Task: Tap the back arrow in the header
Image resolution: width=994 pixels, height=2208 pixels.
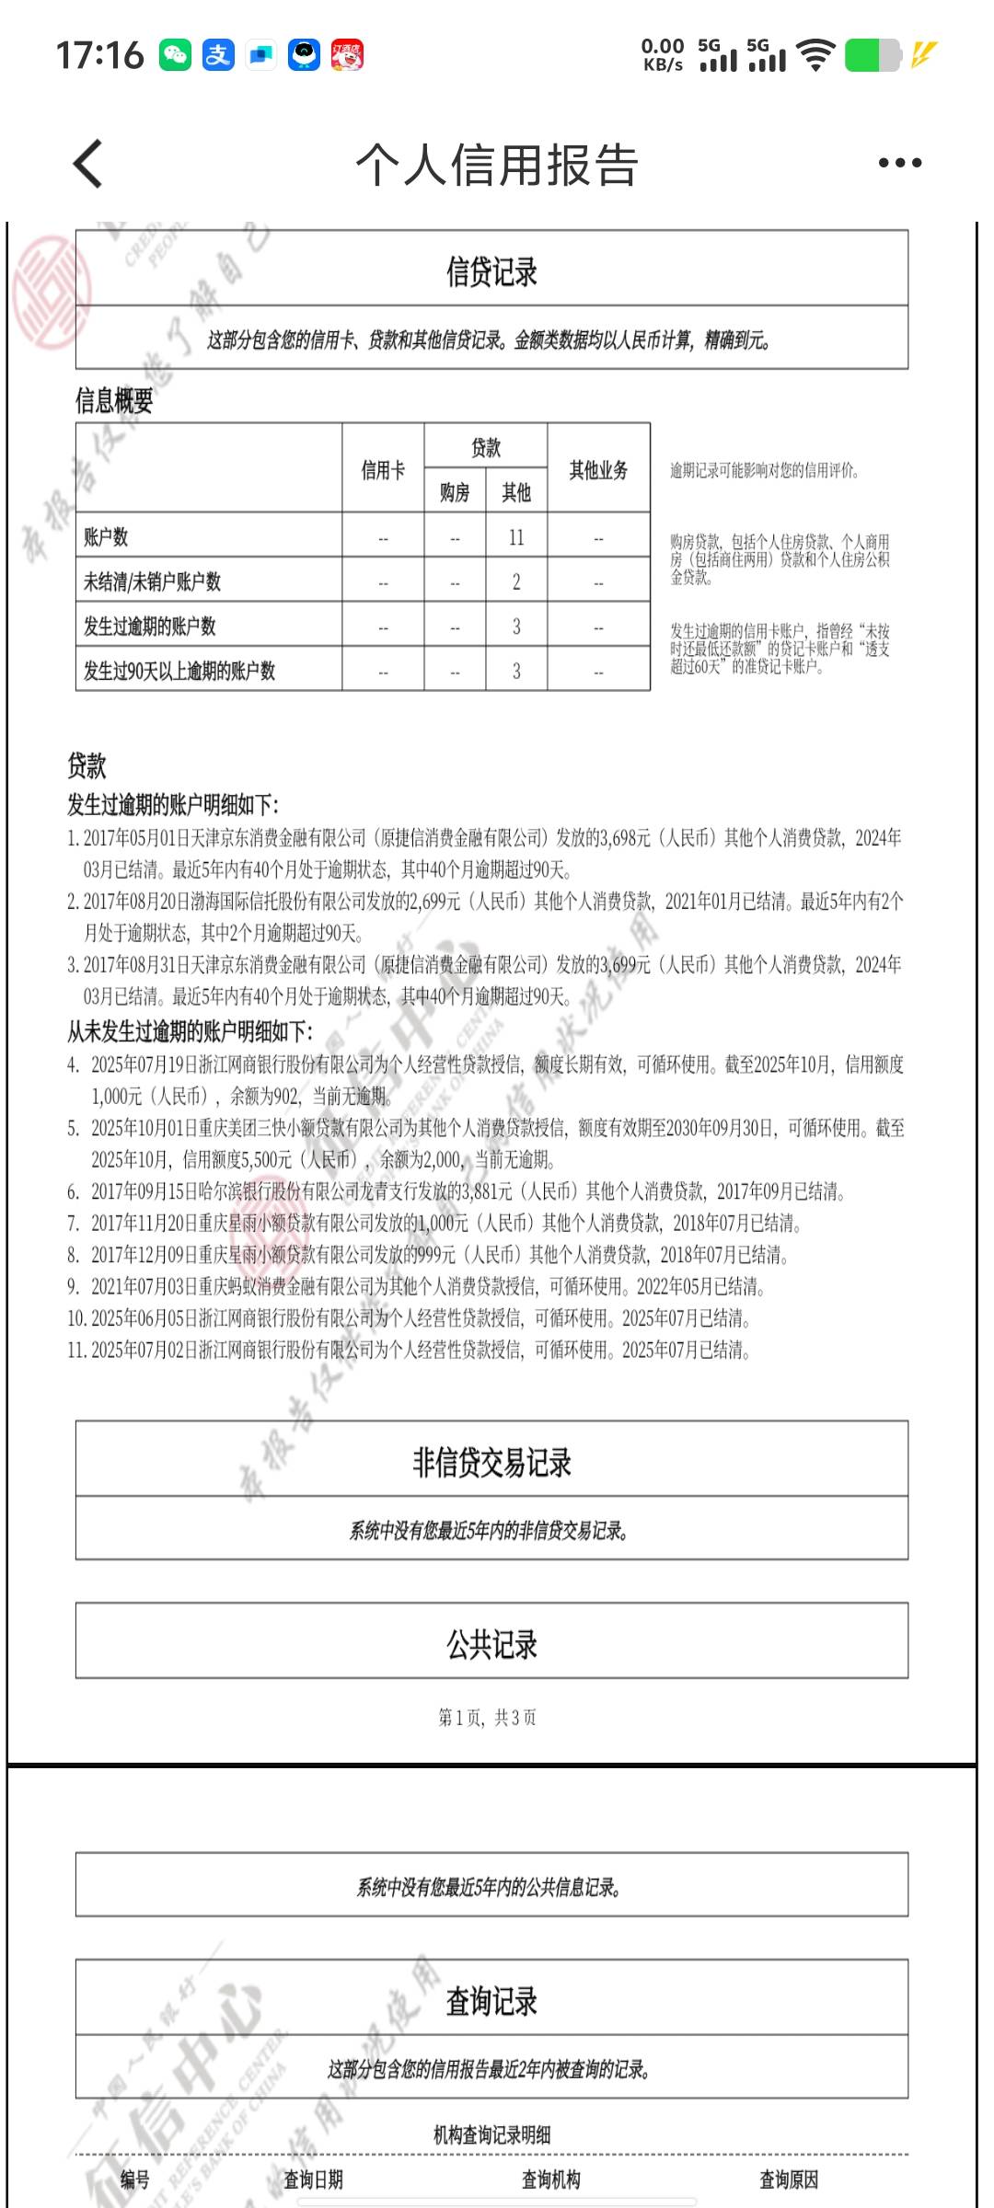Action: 88,164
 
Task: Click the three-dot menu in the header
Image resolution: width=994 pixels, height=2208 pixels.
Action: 899,164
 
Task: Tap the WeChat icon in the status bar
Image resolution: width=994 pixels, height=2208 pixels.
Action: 175,55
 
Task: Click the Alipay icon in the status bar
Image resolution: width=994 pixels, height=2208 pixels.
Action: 218,55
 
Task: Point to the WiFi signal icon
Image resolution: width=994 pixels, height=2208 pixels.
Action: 815,55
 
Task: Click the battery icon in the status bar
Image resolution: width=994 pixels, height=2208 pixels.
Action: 872,55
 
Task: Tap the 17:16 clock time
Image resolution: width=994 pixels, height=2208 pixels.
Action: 99,55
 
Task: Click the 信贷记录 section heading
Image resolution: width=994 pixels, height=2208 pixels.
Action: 491,271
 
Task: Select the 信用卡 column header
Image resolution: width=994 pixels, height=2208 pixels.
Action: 383,470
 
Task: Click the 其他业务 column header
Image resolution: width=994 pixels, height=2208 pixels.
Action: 598,470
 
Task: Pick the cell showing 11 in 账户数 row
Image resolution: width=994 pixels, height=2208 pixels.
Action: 516,537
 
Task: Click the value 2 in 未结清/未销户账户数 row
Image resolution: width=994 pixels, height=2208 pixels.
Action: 516,581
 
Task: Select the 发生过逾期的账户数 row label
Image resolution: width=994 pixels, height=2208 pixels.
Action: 150,627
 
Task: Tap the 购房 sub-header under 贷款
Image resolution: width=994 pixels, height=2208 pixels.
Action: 455,493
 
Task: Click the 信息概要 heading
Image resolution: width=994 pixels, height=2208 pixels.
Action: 114,400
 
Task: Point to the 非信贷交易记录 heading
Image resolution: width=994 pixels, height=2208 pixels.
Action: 491,1462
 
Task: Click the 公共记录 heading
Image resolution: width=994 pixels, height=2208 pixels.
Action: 491,1644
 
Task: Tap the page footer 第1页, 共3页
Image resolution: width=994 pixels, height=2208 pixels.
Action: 488,1718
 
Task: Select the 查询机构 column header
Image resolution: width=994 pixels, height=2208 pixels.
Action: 550,2179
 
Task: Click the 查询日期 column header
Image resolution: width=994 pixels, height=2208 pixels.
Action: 313,2179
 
